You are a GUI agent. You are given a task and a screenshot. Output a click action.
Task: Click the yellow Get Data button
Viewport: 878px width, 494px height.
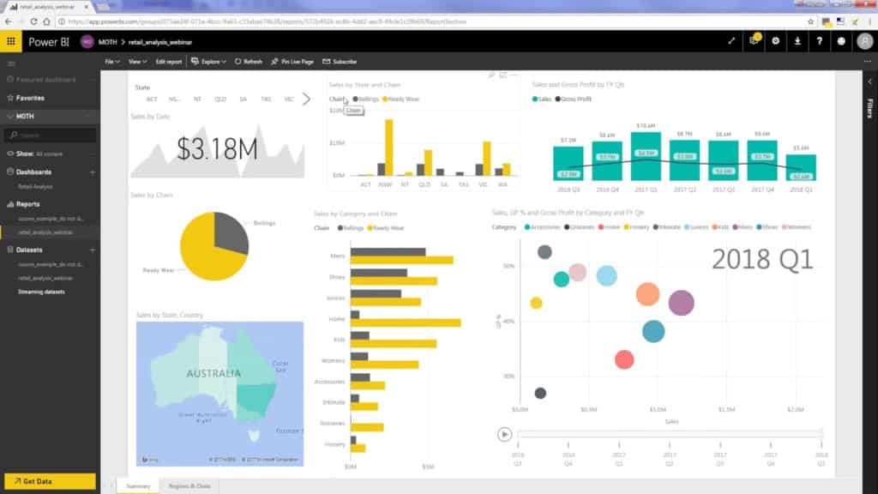coord(49,481)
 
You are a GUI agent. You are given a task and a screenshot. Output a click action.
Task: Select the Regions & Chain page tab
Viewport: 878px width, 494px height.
coord(189,486)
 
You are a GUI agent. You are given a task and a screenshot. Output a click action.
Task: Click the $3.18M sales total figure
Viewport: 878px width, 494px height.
coord(217,148)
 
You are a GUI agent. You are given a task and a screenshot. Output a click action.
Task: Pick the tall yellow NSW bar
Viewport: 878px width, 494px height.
coord(389,146)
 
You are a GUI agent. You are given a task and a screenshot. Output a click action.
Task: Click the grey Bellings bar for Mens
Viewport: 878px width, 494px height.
coord(388,252)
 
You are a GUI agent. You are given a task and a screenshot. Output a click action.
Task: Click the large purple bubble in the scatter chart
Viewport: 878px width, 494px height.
coord(681,302)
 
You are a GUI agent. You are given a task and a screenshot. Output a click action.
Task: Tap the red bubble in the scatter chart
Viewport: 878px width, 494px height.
coord(624,359)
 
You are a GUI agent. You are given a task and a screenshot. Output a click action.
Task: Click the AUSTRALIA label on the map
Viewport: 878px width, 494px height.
coord(213,373)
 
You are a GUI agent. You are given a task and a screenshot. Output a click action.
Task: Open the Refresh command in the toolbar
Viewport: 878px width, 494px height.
coord(248,62)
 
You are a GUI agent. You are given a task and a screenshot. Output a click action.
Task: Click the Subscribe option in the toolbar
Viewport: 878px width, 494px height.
coord(340,62)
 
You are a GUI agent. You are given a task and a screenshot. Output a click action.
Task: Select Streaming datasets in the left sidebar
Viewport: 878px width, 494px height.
coord(41,292)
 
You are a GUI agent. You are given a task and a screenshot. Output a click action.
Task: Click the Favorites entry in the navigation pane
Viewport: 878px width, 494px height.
coord(30,98)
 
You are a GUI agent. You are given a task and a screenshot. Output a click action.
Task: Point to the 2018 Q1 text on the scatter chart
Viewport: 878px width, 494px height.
coord(761,259)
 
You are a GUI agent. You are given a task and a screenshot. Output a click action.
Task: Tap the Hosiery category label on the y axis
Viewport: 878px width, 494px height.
coord(335,444)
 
